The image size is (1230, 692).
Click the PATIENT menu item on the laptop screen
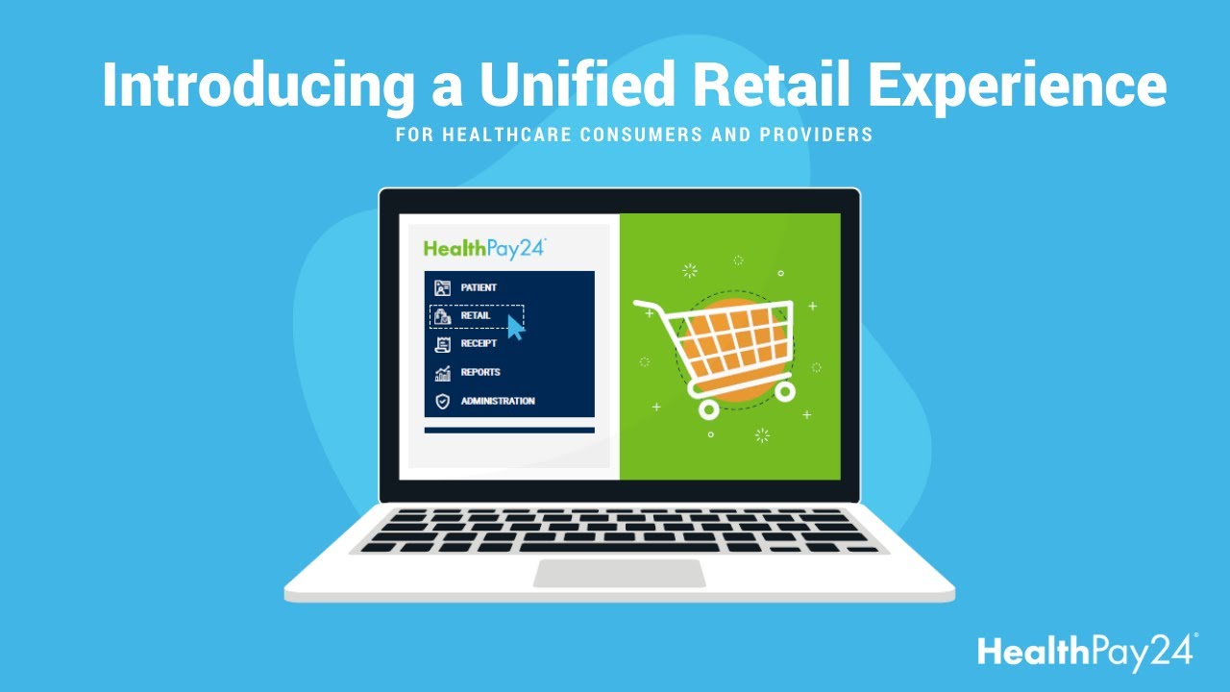478,287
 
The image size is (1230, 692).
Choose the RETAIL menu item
475,315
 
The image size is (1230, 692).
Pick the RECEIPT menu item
479,344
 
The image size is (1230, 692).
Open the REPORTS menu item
480,372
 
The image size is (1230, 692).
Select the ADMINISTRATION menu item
497,401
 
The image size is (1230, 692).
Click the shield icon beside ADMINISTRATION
442,401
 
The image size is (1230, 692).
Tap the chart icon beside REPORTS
442,373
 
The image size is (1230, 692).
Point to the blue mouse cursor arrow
515,328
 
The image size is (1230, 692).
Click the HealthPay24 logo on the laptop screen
484,249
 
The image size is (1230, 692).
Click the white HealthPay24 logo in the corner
1087,653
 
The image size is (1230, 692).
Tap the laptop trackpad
620,574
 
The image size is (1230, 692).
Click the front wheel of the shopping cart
709,408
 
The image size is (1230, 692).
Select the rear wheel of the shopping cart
784,390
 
